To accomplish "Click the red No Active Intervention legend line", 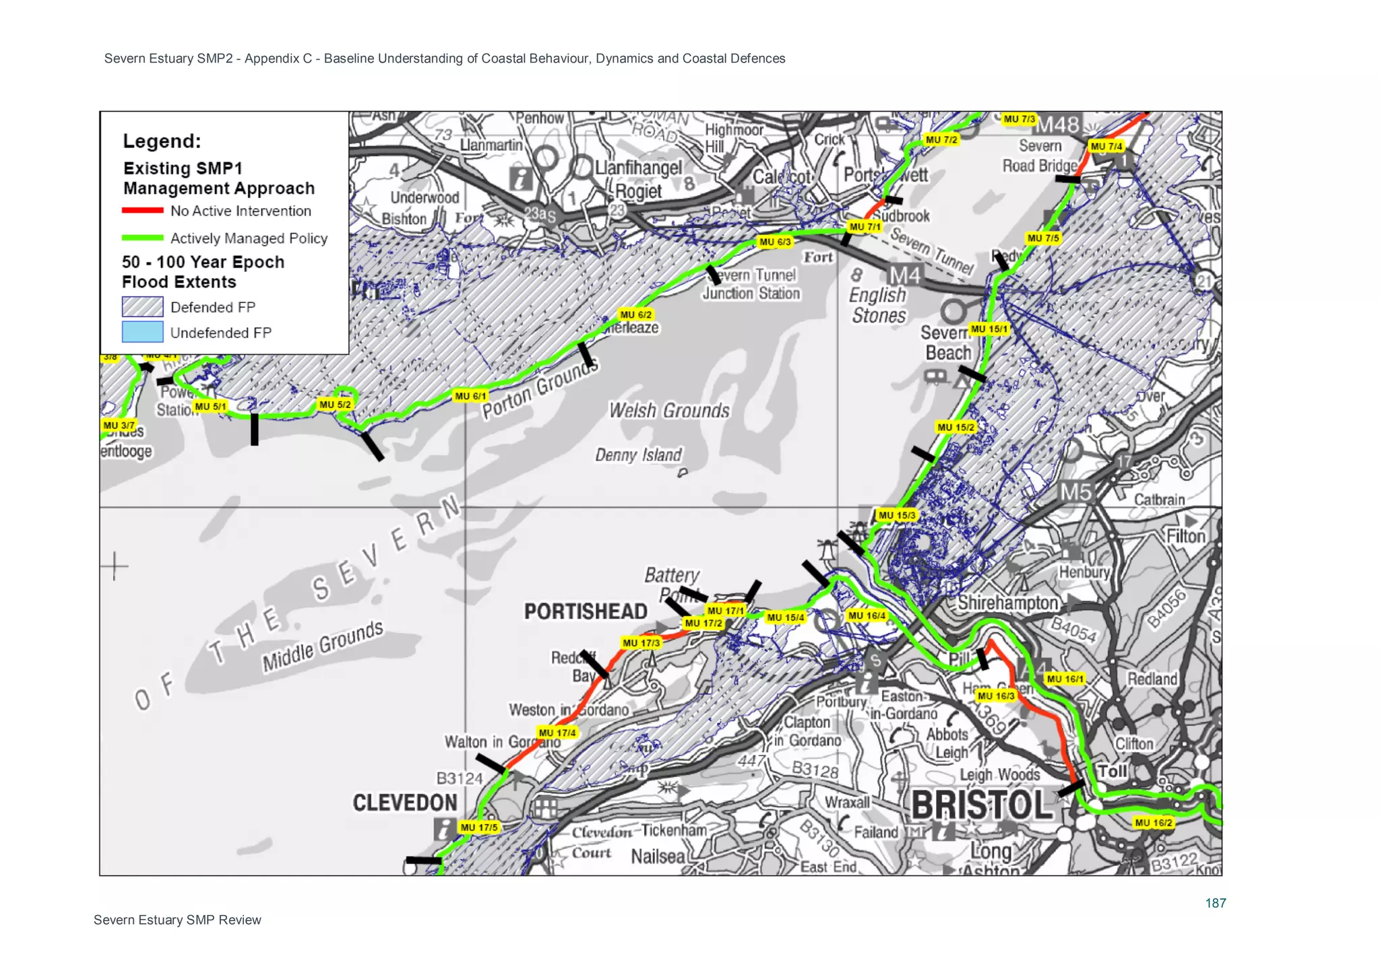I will pos(142,211).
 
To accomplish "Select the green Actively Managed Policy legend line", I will pos(142,238).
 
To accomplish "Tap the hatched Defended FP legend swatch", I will pos(142,307).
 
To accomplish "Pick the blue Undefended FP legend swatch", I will pos(142,332).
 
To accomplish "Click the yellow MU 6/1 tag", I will pos(470,396).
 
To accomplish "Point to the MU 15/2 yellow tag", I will pos(955,427).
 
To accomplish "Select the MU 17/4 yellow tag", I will pos(557,733).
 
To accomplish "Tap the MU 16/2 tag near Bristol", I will pos(1153,823).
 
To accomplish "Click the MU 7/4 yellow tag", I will pos(1106,146).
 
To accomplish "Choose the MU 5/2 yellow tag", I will pos(335,405).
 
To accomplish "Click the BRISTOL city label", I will pos(981,805).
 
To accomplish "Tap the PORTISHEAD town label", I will pos(586,611).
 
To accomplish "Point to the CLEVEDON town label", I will pos(405,803).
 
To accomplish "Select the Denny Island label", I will pos(638,455).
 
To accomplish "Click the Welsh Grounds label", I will pos(669,411).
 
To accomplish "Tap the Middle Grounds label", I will pos(323,646).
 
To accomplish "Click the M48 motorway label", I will pos(1057,125).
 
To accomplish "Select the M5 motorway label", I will pos(1075,492).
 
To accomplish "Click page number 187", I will pos(1216,903).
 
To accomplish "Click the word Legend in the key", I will pos(162,141).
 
